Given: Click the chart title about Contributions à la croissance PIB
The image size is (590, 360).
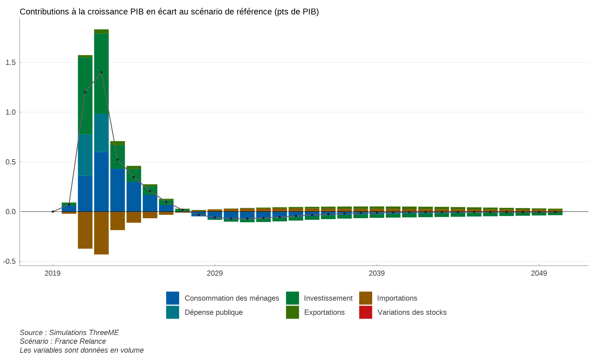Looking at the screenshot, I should click(x=169, y=12).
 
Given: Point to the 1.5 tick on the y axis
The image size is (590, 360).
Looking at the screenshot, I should click(x=10, y=62).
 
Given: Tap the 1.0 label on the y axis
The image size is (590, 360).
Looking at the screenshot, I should click(x=10, y=112).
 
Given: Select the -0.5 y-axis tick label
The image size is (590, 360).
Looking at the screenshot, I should click(x=10, y=261).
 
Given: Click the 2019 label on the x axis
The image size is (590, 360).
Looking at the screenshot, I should click(x=53, y=273).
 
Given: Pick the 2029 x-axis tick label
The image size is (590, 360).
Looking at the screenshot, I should click(x=214, y=273).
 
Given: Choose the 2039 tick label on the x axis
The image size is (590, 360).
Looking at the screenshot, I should click(x=377, y=273).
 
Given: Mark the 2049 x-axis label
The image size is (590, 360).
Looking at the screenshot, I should click(x=539, y=273).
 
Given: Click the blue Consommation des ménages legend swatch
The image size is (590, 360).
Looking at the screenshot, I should click(x=172, y=298).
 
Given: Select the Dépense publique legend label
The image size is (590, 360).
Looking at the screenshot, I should click(x=214, y=312).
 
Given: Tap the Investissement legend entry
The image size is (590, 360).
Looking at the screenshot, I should click(x=328, y=298).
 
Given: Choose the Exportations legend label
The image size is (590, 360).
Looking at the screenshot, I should click(x=324, y=312).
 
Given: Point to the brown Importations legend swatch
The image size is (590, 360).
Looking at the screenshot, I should click(x=365, y=298).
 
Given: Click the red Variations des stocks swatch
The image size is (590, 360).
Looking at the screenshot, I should click(x=365, y=312).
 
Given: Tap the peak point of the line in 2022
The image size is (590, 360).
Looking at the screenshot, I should click(x=101, y=72).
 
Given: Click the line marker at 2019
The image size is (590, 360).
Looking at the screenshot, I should click(x=53, y=212).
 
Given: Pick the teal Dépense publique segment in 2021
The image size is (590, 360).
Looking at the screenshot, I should click(x=85, y=155).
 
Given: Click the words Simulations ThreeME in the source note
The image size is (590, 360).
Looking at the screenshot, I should click(x=84, y=333).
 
